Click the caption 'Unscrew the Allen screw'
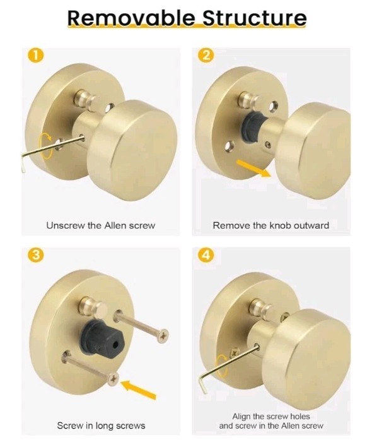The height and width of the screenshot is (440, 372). (x=100, y=225)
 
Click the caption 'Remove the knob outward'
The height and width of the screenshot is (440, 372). (x=270, y=225)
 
